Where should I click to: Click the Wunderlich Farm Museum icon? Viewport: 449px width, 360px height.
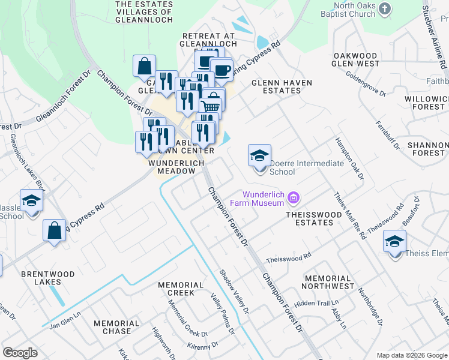pyautogui.click(x=294, y=197)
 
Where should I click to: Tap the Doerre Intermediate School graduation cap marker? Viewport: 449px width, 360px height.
pyautogui.click(x=259, y=156)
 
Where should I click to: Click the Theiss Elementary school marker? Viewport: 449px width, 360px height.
pyautogui.click(x=395, y=242)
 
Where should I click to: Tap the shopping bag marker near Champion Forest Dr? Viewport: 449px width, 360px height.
pyautogui.click(x=145, y=66)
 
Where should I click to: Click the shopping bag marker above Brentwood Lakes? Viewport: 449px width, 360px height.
pyautogui.click(x=54, y=230)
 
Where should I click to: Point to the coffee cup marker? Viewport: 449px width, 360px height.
pyautogui.click(x=221, y=70)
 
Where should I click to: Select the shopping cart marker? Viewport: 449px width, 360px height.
pyautogui.click(x=210, y=107)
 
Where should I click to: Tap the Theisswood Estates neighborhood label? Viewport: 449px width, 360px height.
pyautogui.click(x=309, y=218)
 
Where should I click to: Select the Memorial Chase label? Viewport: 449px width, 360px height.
pyautogui.click(x=116, y=327)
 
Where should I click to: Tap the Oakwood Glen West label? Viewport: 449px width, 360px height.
pyautogui.click(x=356, y=59)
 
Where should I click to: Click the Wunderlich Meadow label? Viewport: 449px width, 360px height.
pyautogui.click(x=176, y=167)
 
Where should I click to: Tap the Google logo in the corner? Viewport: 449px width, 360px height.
pyautogui.click(x=20, y=352)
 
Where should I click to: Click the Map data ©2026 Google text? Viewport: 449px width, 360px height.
pyautogui.click(x=411, y=355)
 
